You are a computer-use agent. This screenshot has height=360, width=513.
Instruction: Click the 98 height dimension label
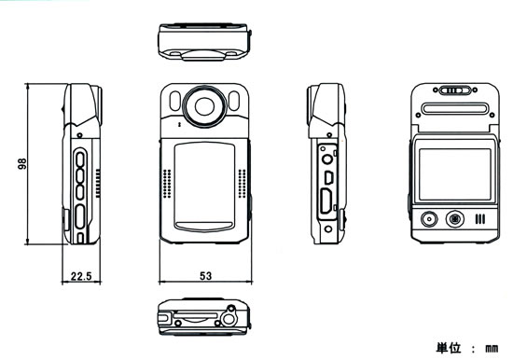point(22,163)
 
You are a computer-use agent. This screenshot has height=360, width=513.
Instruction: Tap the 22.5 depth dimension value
point(81,276)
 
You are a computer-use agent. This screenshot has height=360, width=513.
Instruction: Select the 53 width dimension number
point(206,276)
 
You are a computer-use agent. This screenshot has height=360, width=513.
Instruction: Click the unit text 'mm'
point(492,348)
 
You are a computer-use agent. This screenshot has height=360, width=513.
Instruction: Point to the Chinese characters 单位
point(449,348)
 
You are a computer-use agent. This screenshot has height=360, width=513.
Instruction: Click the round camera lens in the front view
point(205,106)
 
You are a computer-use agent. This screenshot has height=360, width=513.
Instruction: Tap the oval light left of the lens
point(175,101)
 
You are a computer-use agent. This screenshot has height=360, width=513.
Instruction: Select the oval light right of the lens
point(234,101)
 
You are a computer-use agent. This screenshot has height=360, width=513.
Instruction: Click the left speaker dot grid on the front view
point(167,184)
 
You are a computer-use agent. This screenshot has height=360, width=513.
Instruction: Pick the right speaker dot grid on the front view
point(243,184)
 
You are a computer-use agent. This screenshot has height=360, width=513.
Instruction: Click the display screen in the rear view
point(455,174)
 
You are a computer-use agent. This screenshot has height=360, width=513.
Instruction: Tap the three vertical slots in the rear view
point(480,219)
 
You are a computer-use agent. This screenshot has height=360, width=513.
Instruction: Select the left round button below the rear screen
point(429,219)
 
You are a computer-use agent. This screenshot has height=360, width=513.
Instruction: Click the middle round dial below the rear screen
point(455,218)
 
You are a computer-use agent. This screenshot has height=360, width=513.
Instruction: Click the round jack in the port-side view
point(327,159)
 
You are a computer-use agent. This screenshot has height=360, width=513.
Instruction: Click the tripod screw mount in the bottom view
point(229,316)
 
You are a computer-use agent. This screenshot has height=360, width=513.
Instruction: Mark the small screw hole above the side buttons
point(79,135)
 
